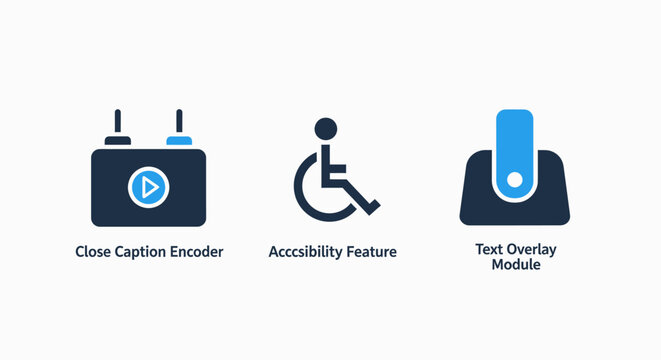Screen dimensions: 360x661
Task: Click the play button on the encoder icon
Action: (x=149, y=187)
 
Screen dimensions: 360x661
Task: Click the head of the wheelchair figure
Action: (x=325, y=128)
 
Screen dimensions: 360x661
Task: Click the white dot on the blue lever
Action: (x=515, y=180)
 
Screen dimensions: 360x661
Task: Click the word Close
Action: (x=94, y=252)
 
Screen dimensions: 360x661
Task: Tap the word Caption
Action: (x=143, y=252)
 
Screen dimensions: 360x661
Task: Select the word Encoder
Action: (x=197, y=252)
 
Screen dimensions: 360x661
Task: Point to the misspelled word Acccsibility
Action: (x=305, y=252)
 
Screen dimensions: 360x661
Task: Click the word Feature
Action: (x=371, y=252)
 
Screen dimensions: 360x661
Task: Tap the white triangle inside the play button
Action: (x=150, y=187)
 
